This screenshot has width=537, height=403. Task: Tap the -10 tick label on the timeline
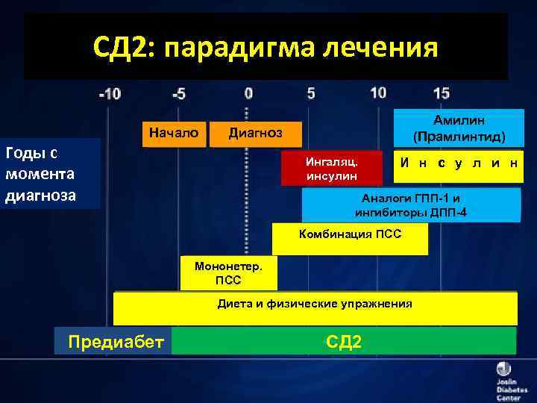point(110,94)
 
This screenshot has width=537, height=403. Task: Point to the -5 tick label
point(179,94)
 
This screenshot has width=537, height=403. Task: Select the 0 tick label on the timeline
point(248,93)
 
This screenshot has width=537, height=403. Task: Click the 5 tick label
point(311,93)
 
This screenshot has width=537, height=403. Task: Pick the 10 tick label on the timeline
point(378,93)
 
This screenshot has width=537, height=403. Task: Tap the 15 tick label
point(442,93)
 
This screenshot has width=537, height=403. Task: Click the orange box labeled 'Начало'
point(174,133)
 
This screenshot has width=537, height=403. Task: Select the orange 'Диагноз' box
point(255,134)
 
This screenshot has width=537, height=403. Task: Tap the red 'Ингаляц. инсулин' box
point(331,169)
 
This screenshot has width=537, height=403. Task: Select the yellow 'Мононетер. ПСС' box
point(228,273)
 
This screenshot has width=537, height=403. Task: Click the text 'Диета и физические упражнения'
point(314,304)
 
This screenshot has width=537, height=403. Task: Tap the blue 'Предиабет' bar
point(115,341)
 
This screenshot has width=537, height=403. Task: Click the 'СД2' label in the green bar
point(344,341)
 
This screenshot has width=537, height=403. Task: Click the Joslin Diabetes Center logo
point(504,380)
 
